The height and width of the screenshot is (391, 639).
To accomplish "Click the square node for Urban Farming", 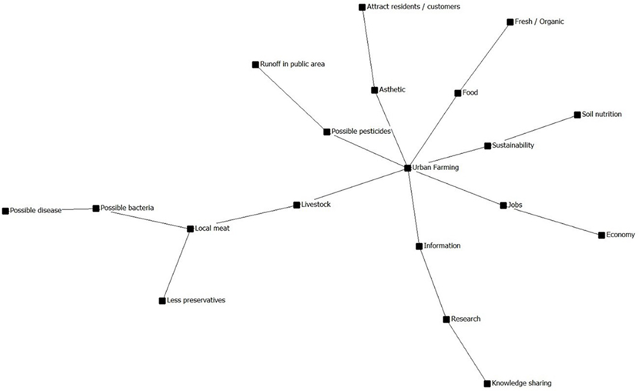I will [407, 168].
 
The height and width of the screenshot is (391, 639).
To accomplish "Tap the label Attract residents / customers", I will [413, 6].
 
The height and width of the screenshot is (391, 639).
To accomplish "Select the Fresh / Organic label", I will [539, 22].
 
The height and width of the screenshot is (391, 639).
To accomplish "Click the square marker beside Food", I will [457, 93].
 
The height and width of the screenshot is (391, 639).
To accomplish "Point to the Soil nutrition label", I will [601, 114].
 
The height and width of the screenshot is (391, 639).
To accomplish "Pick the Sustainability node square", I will [488, 146].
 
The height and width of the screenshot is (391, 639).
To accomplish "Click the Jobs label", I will [515, 205].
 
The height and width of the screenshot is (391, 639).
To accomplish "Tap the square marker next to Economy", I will [601, 235].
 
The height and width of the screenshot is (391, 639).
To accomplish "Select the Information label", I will [442, 245].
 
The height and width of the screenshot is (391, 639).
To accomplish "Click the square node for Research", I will [446, 320].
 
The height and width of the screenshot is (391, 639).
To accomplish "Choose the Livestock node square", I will [297, 205].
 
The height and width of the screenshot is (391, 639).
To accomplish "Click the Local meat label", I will [212, 228].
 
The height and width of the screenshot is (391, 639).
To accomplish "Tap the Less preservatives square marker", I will [162, 301].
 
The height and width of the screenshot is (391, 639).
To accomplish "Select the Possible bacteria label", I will [127, 208].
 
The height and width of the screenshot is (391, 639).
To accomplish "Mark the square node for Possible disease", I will [5, 211].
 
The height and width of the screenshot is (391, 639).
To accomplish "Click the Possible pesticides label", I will [361, 131].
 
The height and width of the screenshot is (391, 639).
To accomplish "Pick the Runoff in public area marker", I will [255, 64].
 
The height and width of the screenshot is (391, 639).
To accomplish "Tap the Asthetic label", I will [392, 90].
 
